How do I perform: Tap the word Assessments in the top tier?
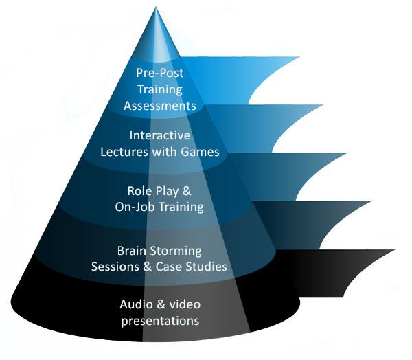159,106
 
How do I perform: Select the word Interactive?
159,136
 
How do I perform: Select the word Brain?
132,251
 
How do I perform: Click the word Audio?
135,304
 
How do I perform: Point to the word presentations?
159,320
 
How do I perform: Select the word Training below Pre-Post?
159,89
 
